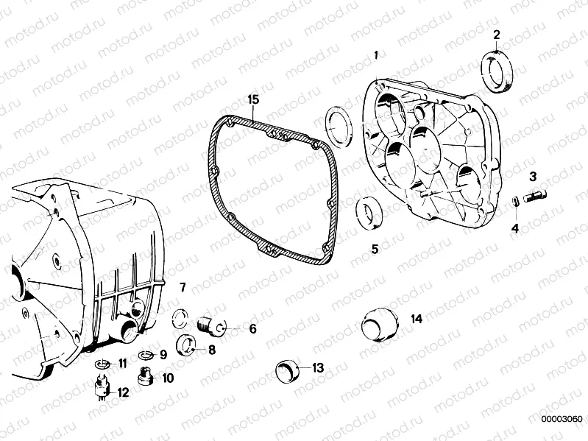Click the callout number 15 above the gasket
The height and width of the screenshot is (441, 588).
252,99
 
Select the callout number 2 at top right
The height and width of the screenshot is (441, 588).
497,35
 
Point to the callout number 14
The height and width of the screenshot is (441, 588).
417,319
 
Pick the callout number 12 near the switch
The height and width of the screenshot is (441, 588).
124,392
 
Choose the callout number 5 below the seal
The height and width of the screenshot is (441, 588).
375,249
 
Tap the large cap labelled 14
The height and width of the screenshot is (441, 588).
380,323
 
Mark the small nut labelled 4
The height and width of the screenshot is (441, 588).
515,201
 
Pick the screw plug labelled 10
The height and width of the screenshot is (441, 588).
146,378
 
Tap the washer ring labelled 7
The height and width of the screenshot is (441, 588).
180,317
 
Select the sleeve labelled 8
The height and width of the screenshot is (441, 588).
188,344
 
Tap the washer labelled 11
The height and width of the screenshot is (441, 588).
103,364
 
